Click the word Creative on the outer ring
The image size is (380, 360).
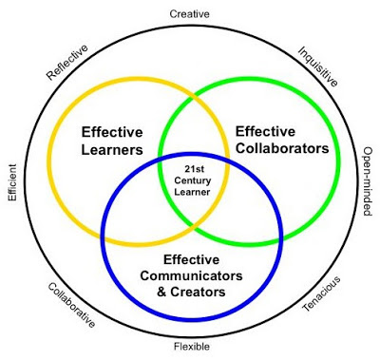pos(189,14)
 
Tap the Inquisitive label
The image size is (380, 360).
pos(317,66)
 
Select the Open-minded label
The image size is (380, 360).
pos(367,181)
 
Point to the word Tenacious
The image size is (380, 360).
pos(321,294)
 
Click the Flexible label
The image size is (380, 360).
pos(192,347)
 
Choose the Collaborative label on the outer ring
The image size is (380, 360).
pos(71,305)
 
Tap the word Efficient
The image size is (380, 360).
pos(12,182)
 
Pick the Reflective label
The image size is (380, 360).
pos(66,62)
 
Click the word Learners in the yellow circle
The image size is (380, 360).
pos(112,150)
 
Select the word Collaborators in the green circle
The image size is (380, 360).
pos(282,148)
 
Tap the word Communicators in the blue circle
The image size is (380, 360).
pos(191,275)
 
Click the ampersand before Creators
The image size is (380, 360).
pos(161,292)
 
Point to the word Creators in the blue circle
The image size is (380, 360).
pos(198,292)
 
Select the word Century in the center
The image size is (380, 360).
pos(193,180)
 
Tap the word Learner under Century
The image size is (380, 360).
pos(192,192)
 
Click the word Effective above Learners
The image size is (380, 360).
pos(112,132)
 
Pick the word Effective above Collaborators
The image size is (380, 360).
pos(265,131)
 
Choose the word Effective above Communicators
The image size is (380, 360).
pos(191,259)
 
